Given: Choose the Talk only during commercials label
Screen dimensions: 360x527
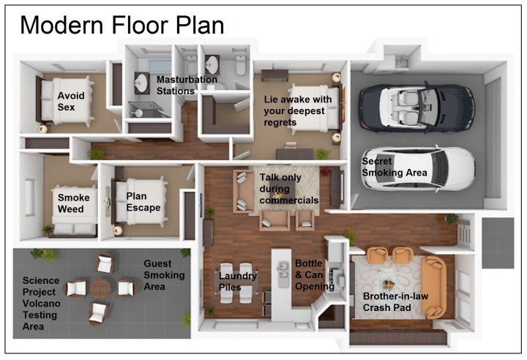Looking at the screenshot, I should (x=289, y=188).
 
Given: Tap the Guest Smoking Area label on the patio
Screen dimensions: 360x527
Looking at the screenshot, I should (x=165, y=275).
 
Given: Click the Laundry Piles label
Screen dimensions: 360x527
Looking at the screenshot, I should (x=239, y=282).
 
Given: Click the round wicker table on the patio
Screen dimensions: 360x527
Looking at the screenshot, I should (x=102, y=288).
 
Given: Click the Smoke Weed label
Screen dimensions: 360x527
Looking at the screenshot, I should (x=74, y=203).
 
